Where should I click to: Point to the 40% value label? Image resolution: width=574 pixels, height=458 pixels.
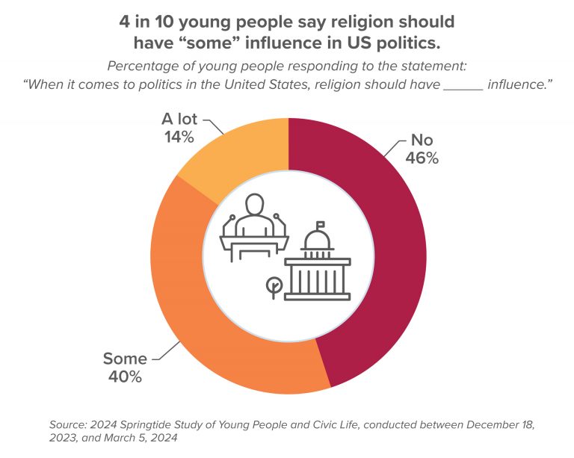point(125,377)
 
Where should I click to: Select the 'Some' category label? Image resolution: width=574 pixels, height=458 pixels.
point(125,359)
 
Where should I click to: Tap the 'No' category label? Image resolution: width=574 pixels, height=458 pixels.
point(422,140)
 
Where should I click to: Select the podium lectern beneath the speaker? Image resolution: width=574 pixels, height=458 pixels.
point(255,244)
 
